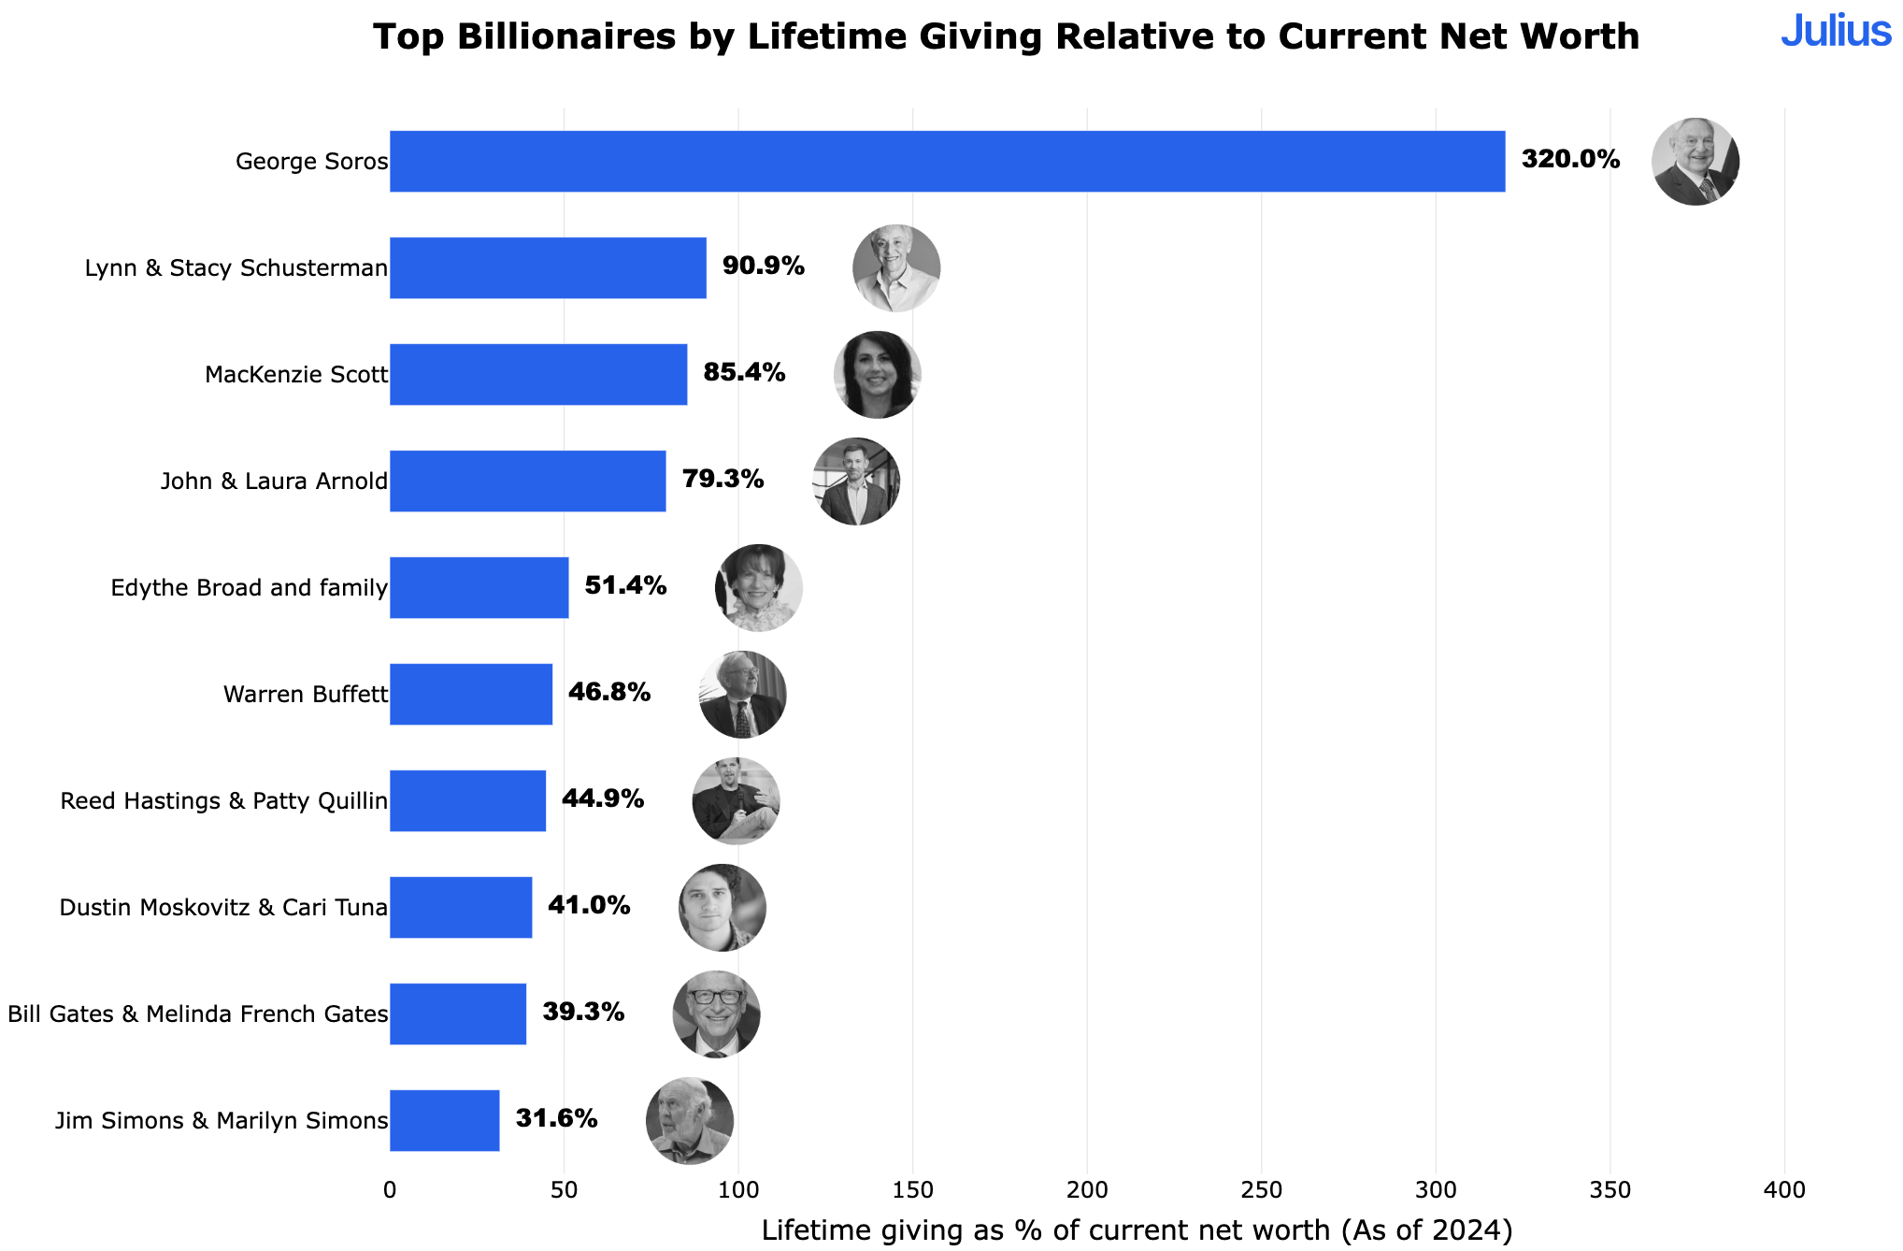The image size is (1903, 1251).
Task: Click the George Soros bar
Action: [947, 162]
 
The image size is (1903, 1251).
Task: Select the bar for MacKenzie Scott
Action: [538, 375]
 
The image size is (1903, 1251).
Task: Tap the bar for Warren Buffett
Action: [471, 695]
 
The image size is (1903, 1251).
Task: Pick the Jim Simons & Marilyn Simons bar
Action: [445, 1121]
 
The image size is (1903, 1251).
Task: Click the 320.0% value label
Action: [1570, 160]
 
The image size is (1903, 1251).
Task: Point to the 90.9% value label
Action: [763, 266]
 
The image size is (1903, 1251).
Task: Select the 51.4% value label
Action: [625, 586]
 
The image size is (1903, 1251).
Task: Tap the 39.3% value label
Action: [583, 1013]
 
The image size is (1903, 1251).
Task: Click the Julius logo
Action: [1835, 32]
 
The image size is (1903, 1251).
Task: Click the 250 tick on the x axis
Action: [1261, 1190]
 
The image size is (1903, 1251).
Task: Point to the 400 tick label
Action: [1783, 1190]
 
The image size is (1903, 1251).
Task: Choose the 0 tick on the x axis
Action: [390, 1190]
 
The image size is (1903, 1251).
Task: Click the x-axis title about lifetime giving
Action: [1137, 1230]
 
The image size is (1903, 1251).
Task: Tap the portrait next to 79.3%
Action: [856, 482]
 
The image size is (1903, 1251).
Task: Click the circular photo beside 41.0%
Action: [723, 908]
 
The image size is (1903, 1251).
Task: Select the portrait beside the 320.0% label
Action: [1696, 162]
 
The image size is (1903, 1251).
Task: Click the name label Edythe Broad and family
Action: [249, 588]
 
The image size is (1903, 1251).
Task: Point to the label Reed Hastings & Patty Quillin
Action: [223, 801]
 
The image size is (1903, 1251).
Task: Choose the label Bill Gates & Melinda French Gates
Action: [197, 1014]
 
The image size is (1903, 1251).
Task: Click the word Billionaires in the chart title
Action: [566, 37]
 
